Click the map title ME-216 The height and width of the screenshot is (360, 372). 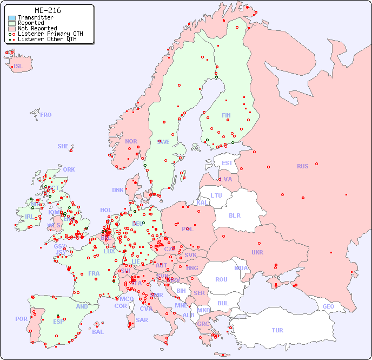(48, 10)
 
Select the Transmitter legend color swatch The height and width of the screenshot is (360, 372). (12, 18)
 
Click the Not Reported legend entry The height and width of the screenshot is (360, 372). (37, 28)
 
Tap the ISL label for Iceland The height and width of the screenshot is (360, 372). (18, 67)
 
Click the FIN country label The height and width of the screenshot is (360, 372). (226, 115)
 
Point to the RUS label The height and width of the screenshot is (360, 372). (302, 166)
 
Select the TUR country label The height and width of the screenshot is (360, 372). (277, 330)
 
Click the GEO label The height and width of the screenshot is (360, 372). (328, 307)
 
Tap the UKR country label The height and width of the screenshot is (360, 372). (257, 252)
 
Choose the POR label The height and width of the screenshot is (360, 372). (21, 319)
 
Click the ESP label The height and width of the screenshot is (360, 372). (58, 321)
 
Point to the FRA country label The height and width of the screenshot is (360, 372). (94, 273)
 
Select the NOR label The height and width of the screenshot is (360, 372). (131, 141)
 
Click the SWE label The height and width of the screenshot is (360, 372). (163, 142)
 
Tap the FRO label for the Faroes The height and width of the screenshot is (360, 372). (46, 115)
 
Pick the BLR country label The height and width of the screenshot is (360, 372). (234, 215)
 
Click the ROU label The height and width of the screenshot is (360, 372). (221, 279)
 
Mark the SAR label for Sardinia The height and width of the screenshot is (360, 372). (142, 320)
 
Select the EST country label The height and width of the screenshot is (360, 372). (227, 163)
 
